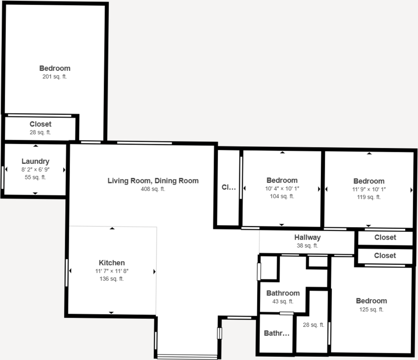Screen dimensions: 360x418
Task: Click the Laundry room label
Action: [35, 161]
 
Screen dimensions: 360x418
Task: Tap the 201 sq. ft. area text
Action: [54, 77]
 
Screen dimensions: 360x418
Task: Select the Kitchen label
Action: [112, 263]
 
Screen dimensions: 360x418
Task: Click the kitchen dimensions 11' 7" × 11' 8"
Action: [112, 271]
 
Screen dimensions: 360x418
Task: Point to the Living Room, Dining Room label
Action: [153, 181]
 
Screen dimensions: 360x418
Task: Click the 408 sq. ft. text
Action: [153, 189]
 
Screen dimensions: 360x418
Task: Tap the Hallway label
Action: [307, 238]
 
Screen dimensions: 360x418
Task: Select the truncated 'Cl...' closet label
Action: [228, 187]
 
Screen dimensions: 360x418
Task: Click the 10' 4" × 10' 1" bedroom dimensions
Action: [282, 189]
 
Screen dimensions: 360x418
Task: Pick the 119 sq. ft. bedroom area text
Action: [369, 197]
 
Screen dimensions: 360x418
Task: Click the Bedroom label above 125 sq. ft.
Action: [371, 301]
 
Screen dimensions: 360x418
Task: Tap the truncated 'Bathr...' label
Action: [276, 333]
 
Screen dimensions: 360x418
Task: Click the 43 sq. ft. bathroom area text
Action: [283, 302]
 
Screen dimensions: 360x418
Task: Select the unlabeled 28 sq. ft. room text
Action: [313, 325]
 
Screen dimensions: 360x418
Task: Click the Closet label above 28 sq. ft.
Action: [40, 124]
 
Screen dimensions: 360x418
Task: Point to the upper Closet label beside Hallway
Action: [385, 237]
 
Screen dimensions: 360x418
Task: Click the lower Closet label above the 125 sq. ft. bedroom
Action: [385, 256]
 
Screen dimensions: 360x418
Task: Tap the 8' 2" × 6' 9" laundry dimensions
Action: [35, 169]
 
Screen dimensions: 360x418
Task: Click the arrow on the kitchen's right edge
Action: [154, 272]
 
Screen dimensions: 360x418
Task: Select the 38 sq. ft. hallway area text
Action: [307, 246]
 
